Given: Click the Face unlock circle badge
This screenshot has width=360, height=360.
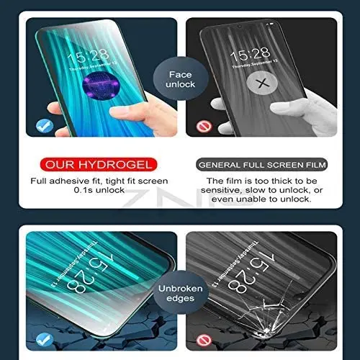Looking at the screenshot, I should click(x=180, y=78).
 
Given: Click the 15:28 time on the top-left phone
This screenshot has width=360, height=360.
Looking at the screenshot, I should click(x=87, y=54).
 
